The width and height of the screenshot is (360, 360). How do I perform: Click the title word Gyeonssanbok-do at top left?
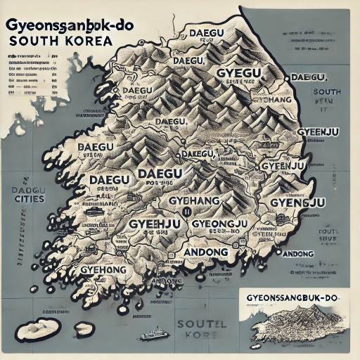(60, 22)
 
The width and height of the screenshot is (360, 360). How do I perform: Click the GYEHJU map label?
(155, 224)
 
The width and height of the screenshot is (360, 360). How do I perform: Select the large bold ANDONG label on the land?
(205, 252)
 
